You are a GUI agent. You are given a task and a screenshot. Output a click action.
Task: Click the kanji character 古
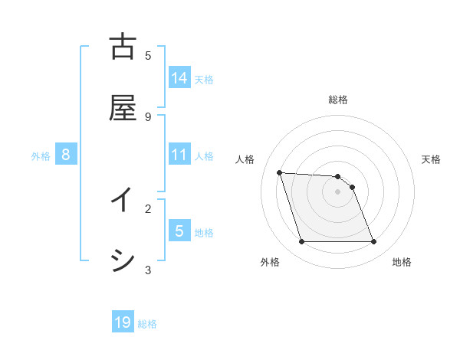coord(123,47)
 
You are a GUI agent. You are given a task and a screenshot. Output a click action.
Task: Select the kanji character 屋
coord(123,108)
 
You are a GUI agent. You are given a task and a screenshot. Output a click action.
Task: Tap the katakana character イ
coord(123,201)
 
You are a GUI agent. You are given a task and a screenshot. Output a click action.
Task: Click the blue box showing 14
coord(179,77)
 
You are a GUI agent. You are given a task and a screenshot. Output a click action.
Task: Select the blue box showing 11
coord(179,155)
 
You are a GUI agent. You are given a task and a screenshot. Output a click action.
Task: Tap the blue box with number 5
coord(179,231)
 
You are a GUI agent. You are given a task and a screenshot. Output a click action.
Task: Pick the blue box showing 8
coord(66,155)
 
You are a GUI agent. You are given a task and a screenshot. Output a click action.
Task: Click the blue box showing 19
coord(123,322)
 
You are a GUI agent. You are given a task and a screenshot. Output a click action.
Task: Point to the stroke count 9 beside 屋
coord(148,116)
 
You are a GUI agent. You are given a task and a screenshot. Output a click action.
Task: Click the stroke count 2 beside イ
coord(148,208)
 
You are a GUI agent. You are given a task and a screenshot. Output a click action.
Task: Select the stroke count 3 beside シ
coord(148,270)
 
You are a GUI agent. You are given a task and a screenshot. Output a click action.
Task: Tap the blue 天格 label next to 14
coord(204,79)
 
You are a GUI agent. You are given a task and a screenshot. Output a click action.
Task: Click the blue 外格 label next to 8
coord(41,156)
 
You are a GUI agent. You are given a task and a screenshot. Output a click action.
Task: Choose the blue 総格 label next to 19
coord(147,324)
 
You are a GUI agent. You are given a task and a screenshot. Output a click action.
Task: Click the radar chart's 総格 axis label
coord(338,100)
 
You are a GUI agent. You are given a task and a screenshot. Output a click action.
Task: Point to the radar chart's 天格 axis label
coord(431,159)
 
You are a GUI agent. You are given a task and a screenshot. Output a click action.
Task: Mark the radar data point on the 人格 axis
coord(279,172)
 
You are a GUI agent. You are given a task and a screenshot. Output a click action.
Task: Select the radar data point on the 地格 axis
coord(373,242)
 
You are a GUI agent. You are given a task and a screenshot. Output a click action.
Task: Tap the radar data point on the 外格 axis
coord(301,242)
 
